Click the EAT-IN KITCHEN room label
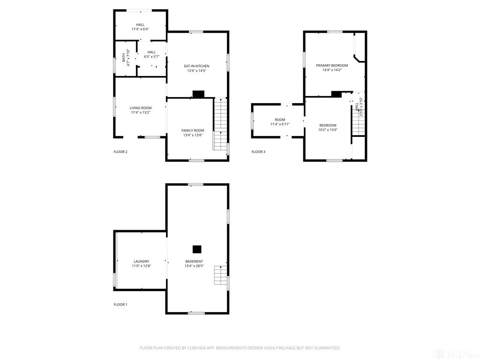pos(196,66)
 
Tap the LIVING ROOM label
pos(141,108)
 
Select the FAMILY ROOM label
pos(193,130)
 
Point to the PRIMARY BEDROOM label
pos(332,66)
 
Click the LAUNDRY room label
pos(141,262)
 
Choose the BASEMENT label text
pos(194,262)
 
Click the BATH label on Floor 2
pos(124,57)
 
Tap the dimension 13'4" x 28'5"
pos(194,266)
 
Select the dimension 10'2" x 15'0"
pos(328,130)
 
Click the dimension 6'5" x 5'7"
pos(151,57)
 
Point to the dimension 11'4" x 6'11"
pos(280,124)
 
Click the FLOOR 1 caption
pos(120,305)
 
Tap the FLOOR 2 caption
pos(120,152)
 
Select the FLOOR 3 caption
pos(258,152)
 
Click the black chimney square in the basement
pos(197,249)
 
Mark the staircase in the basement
pos(220,275)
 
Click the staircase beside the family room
pos(220,124)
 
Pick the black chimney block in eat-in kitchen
pos(198,94)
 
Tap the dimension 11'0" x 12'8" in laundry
pos(141,266)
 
